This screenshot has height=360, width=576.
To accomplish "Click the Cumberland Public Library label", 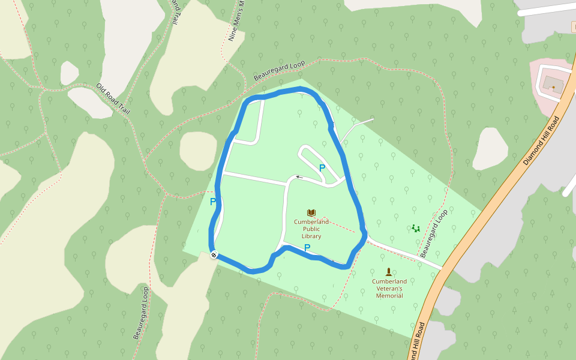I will pos(311,229).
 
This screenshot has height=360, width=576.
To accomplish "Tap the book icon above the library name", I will pos(311,213).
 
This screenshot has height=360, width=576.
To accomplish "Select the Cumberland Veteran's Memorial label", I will pos(389,288).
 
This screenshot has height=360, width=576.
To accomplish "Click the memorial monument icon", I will pos(389,272).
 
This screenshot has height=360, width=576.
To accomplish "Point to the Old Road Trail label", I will pos(113,99).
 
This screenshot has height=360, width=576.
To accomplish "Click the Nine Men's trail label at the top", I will pos(237,21).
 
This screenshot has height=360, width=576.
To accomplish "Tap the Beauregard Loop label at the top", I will pos(279,71).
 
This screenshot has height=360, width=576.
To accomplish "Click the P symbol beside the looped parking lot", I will pos(322,169).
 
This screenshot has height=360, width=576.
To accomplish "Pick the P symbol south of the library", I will pos(307,248).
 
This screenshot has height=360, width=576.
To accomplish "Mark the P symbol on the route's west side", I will pos(213,202).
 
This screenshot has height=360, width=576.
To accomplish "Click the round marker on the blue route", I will pos(214,255).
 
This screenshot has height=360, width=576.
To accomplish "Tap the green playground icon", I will pos(415,229).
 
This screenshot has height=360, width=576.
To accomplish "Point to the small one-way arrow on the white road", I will pos(298,177).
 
